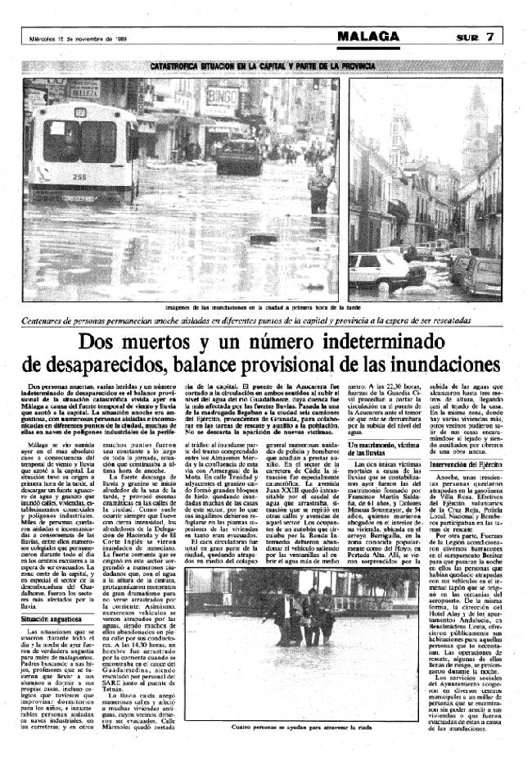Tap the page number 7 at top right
point(489,37)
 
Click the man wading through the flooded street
point(316,188)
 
